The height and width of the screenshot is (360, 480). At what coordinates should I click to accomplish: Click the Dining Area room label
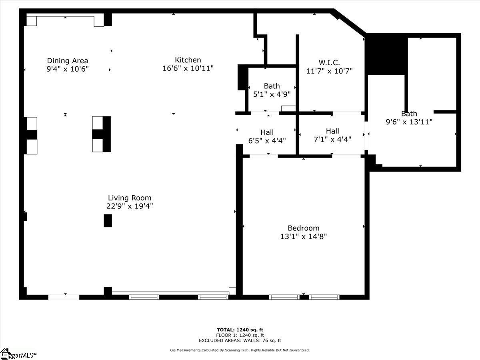[x=68, y=60]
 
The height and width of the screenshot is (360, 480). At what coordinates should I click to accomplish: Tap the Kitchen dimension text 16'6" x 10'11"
[x=188, y=68]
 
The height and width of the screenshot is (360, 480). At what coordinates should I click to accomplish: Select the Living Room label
[x=130, y=198]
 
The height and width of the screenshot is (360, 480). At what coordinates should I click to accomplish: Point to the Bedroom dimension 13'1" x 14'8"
[x=304, y=236]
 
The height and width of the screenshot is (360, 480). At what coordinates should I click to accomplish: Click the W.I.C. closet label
[x=329, y=62]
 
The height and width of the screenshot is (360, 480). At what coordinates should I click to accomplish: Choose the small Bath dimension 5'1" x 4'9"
[x=272, y=94]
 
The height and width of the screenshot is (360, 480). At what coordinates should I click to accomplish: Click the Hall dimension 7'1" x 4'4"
[x=332, y=139]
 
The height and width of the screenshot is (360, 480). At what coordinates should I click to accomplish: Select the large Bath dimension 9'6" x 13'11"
[x=409, y=122]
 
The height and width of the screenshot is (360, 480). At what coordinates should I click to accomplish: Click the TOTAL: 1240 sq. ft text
[x=240, y=330]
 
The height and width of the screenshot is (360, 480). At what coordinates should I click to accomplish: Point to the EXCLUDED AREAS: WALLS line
[x=240, y=340]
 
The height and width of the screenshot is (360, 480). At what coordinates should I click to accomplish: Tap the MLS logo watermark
[x=18, y=354]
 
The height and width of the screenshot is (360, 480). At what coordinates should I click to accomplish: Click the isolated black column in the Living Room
[x=108, y=220]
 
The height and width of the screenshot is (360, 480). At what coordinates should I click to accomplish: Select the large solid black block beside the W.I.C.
[x=386, y=54]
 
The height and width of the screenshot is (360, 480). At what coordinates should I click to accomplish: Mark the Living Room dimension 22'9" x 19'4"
[x=130, y=206]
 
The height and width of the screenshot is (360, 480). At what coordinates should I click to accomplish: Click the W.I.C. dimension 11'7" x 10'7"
[x=329, y=71]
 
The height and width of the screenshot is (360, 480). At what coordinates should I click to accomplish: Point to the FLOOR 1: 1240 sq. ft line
[x=240, y=335]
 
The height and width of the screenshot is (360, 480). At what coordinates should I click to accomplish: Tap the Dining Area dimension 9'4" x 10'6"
[x=68, y=69]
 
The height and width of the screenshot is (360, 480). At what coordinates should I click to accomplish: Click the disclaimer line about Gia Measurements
[x=240, y=350]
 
